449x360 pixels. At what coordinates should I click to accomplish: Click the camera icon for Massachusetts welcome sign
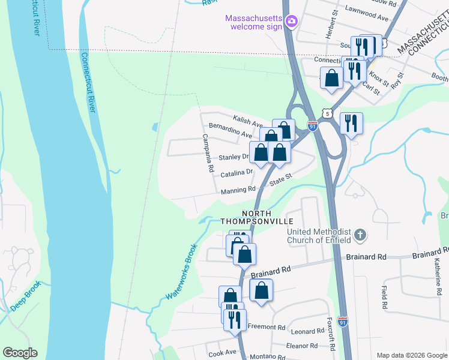point(291,22)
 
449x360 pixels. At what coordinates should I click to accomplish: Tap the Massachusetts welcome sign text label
point(253,22)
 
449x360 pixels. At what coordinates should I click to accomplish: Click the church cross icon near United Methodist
point(360,235)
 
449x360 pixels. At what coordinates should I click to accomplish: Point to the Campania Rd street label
point(208,154)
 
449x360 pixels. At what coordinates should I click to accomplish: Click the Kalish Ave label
point(249,122)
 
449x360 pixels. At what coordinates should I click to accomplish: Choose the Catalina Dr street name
point(237,173)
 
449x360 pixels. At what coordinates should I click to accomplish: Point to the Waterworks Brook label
point(182,271)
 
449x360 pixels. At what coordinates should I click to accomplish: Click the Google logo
point(20,353)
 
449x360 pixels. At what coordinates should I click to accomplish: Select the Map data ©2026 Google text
point(411,355)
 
